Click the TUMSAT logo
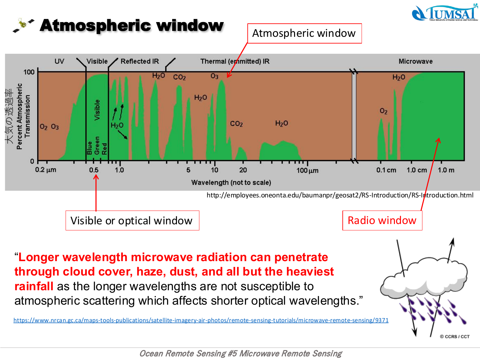[445, 13]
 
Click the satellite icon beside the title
[23, 25]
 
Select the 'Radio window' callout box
[382, 220]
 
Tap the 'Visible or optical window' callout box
[132, 220]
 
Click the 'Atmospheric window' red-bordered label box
[304, 33]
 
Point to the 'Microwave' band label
[415, 61]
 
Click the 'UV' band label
[59, 61]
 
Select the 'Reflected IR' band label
[140, 61]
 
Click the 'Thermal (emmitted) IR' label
[235, 61]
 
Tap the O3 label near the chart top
[214, 76]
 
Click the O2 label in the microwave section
[383, 111]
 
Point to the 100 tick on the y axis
[29, 72]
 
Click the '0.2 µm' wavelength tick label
[45, 170]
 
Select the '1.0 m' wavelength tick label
[446, 170]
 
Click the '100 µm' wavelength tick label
[307, 171]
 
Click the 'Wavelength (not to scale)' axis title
[231, 182]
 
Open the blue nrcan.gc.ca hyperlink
[201, 320]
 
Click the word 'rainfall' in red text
[34, 286]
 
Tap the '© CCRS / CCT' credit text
[454, 337]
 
